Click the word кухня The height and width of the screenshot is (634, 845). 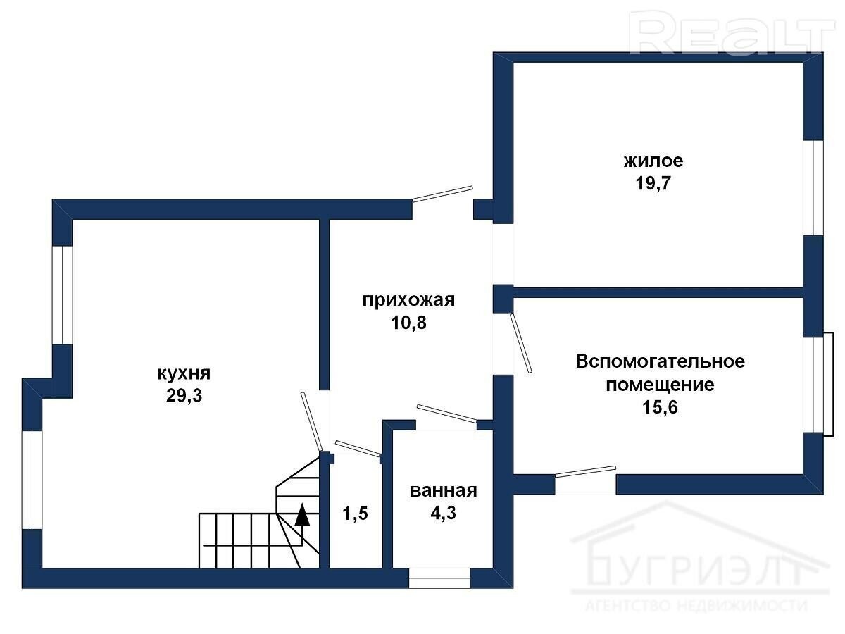click(x=184, y=373)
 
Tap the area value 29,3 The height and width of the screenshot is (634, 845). click(x=184, y=395)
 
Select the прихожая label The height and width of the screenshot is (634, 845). click(x=408, y=300)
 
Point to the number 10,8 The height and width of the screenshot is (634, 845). click(x=409, y=323)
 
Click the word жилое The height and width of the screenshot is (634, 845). click(x=653, y=161)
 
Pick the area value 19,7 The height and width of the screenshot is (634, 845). click(x=653, y=183)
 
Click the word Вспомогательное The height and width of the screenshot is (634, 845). click(x=661, y=361)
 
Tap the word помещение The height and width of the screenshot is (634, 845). click(x=661, y=385)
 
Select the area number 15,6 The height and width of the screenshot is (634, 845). click(x=660, y=406)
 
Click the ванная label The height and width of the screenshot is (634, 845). click(x=444, y=491)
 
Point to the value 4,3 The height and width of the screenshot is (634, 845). click(x=444, y=513)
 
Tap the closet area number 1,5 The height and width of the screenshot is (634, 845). click(x=356, y=513)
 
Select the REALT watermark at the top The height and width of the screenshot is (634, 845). click(x=732, y=32)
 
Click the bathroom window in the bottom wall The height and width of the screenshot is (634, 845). click(x=439, y=578)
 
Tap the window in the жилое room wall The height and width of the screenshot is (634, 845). click(x=813, y=187)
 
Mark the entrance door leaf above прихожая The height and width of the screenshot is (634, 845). click(x=443, y=194)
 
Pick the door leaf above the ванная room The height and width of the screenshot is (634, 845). click(x=447, y=414)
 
